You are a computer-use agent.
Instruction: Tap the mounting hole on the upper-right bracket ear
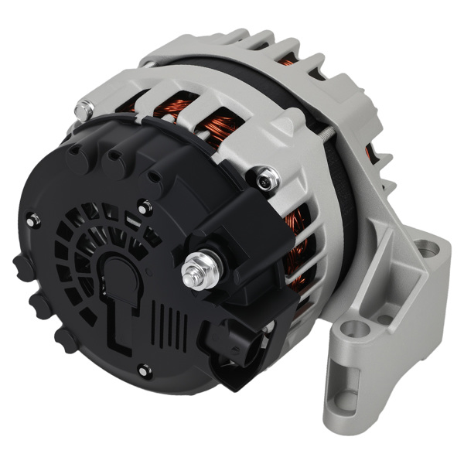pos(425,248)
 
